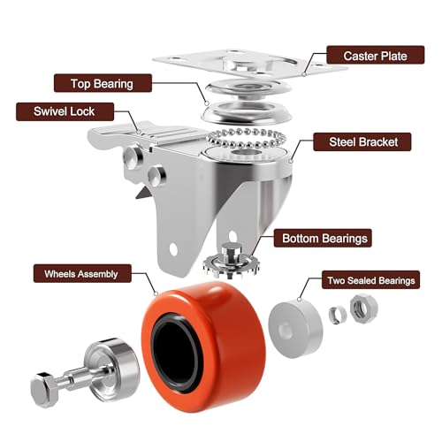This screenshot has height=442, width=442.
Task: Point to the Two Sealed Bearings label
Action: [370, 281]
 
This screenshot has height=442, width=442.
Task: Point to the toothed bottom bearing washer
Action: [232, 261]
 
